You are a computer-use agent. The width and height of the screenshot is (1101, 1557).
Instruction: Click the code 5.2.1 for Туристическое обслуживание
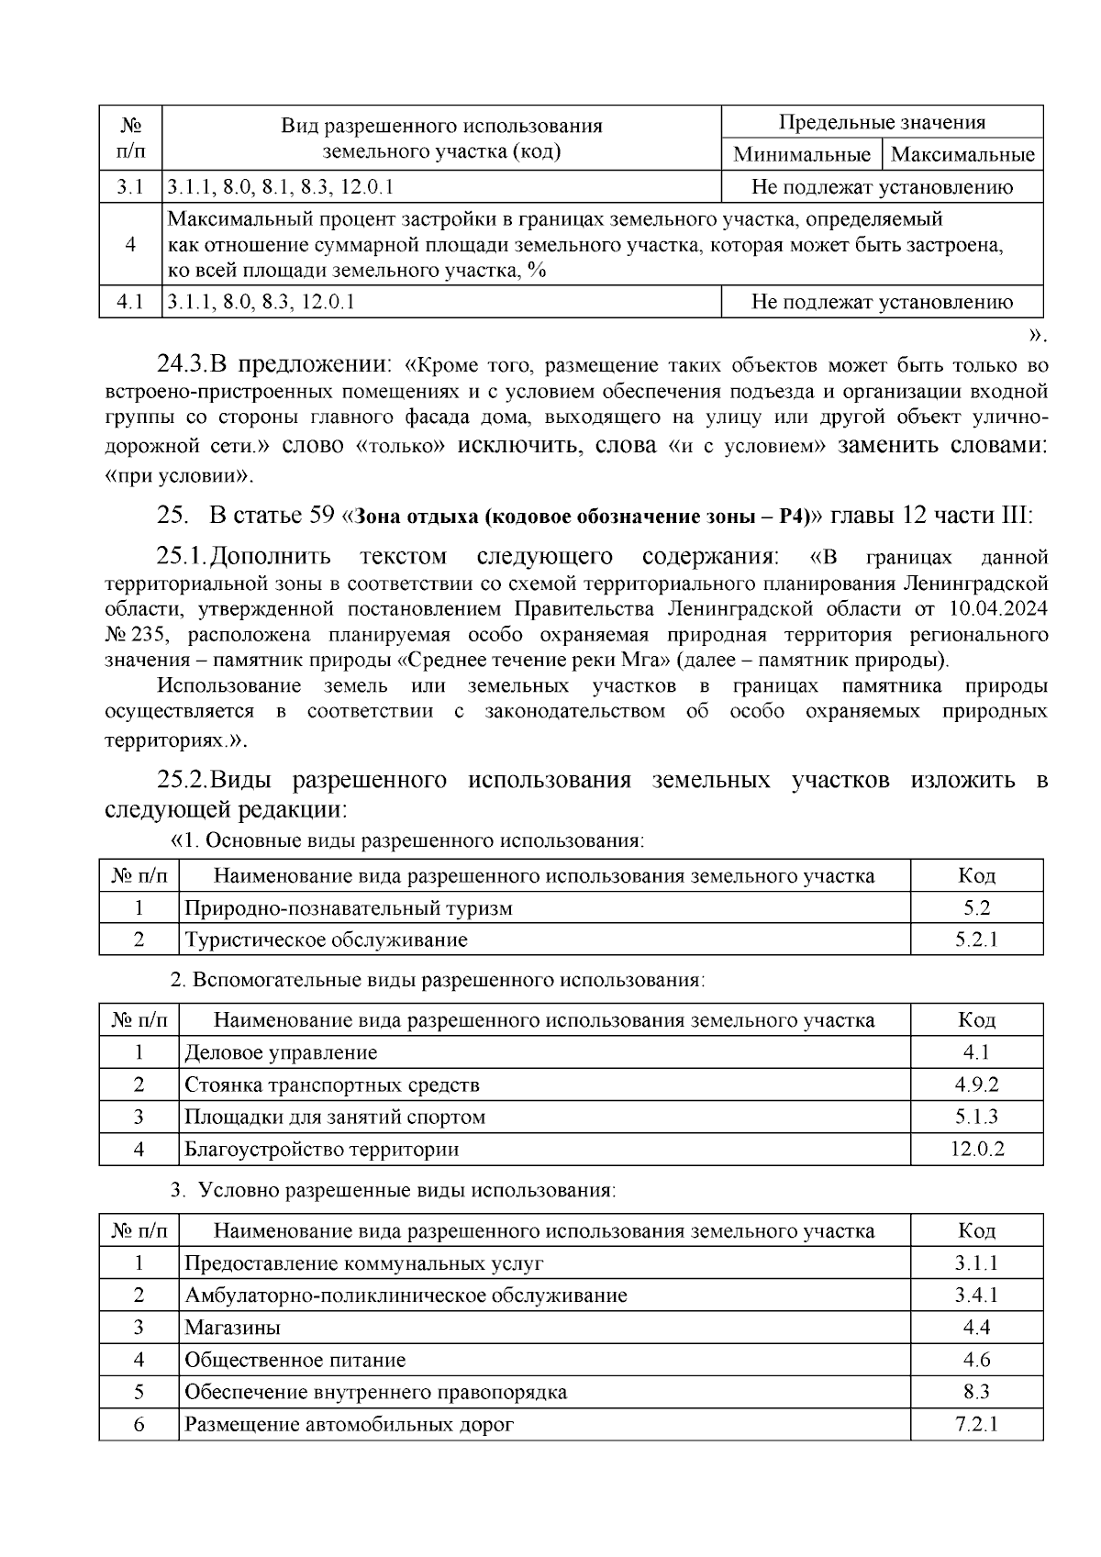(976, 940)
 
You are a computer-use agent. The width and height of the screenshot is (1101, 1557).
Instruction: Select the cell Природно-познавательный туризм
(349, 908)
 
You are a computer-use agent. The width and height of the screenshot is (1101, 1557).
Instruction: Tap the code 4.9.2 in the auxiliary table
(976, 1084)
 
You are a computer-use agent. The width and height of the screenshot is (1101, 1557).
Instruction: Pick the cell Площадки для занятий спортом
(335, 1117)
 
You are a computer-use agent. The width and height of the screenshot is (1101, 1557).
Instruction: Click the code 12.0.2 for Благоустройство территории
(976, 1149)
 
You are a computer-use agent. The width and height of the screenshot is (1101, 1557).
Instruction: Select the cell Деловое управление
(281, 1052)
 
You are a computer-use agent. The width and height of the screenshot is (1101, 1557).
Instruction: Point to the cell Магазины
(232, 1328)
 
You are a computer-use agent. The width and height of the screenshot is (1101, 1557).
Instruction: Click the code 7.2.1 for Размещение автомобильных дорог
(976, 1424)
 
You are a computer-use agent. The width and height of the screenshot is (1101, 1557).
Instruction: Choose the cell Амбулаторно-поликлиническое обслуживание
(406, 1296)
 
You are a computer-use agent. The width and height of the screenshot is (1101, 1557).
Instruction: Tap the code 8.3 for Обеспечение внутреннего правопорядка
(976, 1392)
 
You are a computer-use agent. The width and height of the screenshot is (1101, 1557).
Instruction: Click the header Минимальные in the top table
(802, 154)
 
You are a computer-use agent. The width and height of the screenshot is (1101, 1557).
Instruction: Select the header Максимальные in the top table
(962, 154)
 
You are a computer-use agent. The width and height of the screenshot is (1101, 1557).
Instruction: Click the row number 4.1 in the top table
(130, 302)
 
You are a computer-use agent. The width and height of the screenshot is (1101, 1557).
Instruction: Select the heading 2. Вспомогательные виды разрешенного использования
(439, 980)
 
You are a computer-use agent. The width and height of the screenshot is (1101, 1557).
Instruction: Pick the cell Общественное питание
(295, 1360)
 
